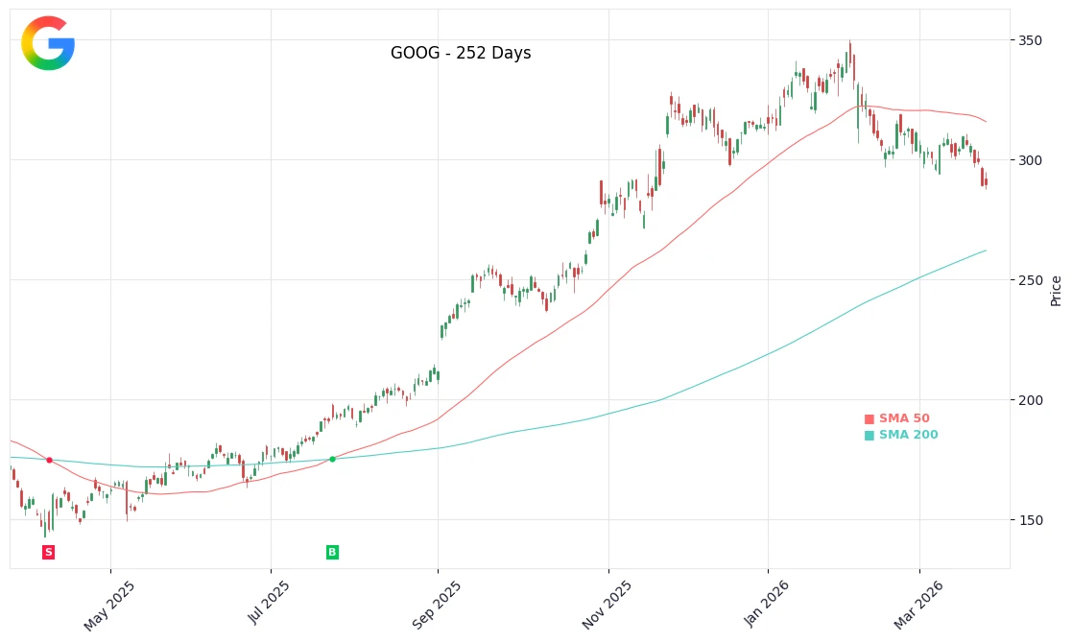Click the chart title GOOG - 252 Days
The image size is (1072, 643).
pyautogui.click(x=461, y=54)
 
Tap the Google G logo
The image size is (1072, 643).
pyautogui.click(x=48, y=43)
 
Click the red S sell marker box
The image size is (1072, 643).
pyautogui.click(x=49, y=552)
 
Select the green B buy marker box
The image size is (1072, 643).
pyautogui.click(x=332, y=552)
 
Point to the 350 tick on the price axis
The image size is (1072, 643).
pyautogui.click(x=1030, y=40)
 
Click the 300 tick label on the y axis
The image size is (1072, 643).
pyautogui.click(x=1030, y=160)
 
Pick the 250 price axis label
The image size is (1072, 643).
pyautogui.click(x=1030, y=280)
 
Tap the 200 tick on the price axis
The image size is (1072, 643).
pyautogui.click(x=1030, y=400)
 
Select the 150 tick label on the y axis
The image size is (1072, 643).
pyautogui.click(x=1030, y=520)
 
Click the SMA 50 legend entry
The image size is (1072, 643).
pyautogui.click(x=897, y=419)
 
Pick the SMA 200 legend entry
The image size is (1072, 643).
pyautogui.click(x=901, y=436)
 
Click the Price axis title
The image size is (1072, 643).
pyautogui.click(x=1057, y=290)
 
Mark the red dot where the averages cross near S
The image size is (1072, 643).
pyautogui.click(x=49, y=460)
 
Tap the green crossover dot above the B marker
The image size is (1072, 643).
pyautogui.click(x=332, y=459)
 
